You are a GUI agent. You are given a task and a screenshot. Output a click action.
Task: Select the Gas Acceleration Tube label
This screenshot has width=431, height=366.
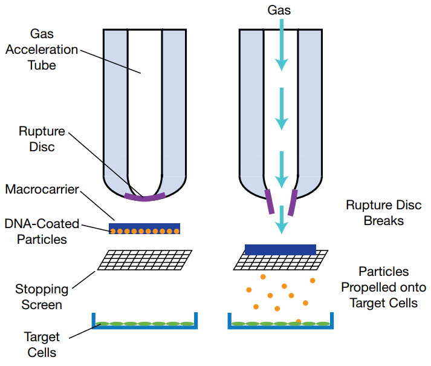42,50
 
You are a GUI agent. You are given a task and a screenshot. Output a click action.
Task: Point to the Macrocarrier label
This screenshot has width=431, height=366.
42,189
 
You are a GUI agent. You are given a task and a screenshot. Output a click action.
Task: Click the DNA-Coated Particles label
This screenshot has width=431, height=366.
41,231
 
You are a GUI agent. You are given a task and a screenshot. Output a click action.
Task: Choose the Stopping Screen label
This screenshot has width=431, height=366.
42,296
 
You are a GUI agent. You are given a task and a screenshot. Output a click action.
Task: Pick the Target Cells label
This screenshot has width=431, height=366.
42,344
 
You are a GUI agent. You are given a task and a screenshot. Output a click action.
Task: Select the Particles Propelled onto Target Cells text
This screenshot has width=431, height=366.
384,287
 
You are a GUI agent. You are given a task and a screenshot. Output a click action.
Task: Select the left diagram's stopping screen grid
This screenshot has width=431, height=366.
145,261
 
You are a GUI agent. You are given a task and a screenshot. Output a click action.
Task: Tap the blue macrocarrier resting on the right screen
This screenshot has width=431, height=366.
280,249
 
